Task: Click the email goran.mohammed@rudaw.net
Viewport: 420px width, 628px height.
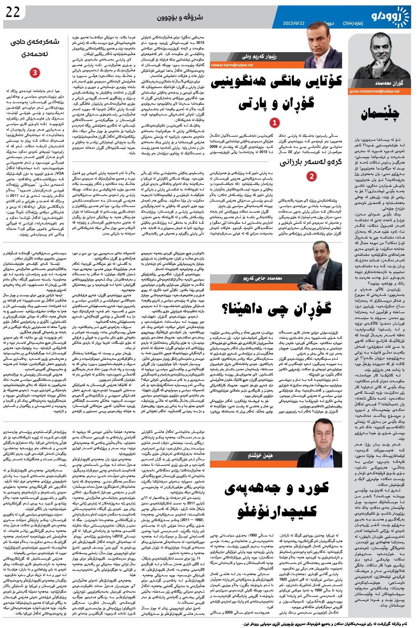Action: click(x=374, y=92)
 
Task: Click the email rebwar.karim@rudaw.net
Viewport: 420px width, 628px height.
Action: click(x=232, y=65)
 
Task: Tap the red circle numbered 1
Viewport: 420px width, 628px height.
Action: click(x=274, y=123)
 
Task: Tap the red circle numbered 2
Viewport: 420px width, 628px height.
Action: click(x=312, y=176)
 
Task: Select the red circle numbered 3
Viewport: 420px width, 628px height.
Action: click(x=35, y=73)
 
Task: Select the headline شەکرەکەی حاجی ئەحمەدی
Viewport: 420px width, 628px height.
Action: click(x=35, y=48)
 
